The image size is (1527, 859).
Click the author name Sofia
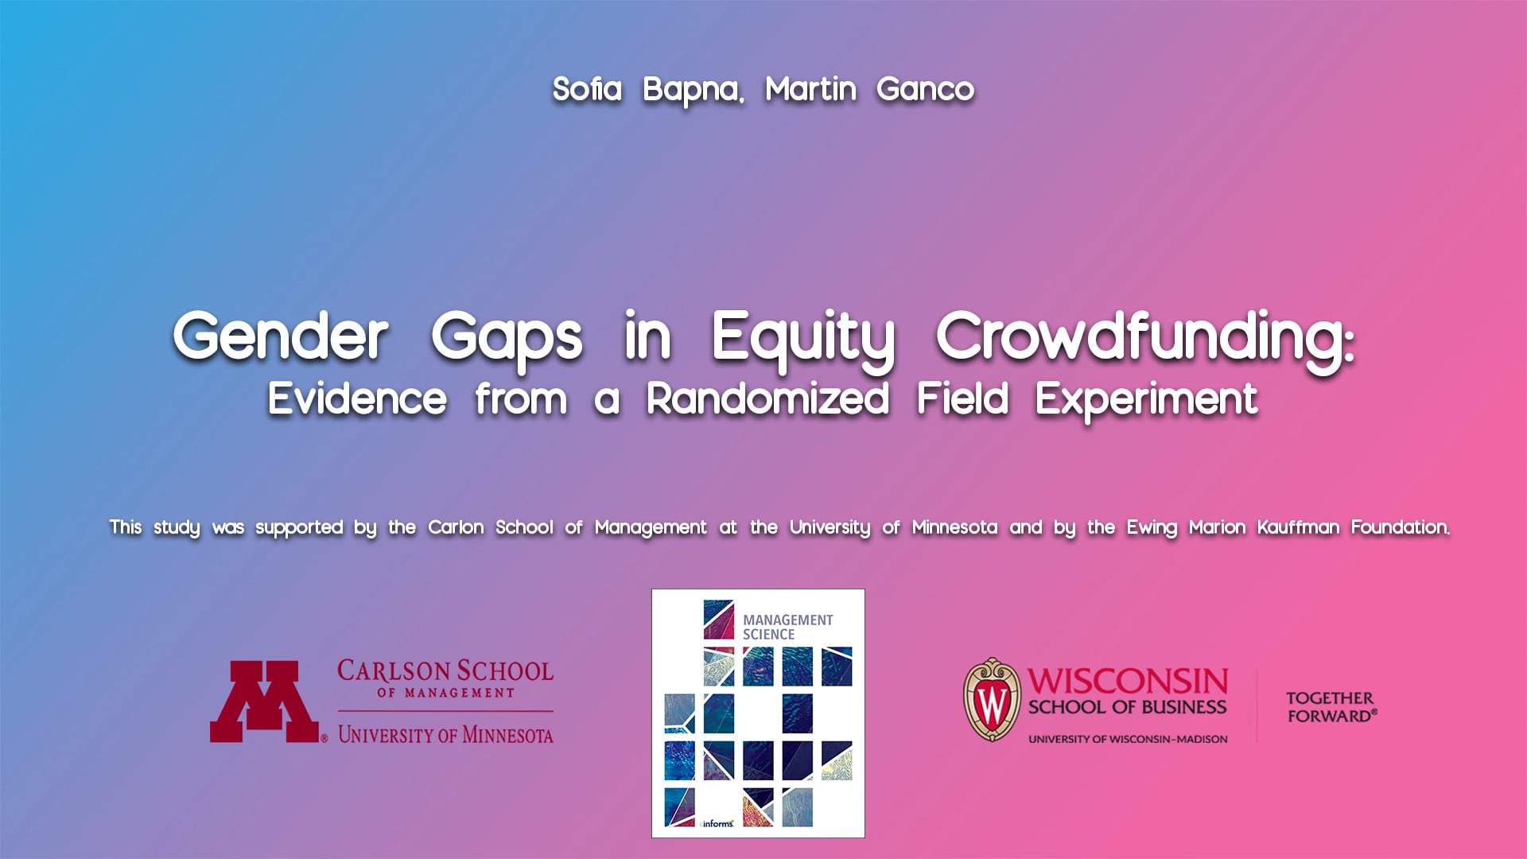587,89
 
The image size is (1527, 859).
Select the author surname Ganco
925,89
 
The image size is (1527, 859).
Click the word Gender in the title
280,336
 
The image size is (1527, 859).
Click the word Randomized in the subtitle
767,398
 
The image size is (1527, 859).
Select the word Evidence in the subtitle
357,398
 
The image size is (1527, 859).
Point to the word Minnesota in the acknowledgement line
954,527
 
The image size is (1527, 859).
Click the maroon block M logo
264,702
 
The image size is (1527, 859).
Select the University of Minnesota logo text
445,734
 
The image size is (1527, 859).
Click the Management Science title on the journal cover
787,627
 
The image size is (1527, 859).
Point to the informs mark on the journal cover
717,823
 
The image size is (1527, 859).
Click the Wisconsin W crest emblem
991,700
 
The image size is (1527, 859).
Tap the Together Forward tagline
1331,706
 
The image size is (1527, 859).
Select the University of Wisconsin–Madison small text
1127,739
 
